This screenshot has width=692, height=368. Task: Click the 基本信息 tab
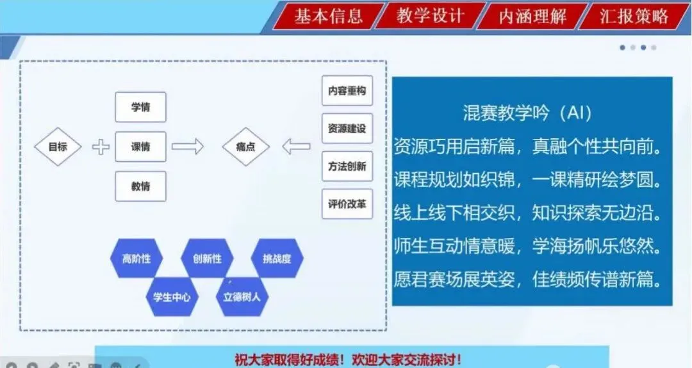click(328, 16)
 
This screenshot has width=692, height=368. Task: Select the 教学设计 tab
click(429, 16)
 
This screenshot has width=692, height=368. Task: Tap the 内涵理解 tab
click(532, 16)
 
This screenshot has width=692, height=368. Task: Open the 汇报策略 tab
click(634, 16)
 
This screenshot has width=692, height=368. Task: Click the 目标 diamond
click(58, 147)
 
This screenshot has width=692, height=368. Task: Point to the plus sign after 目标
click(101, 147)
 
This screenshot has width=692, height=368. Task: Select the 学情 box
click(140, 107)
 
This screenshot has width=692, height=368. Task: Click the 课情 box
click(140, 147)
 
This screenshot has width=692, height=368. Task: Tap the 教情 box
click(140, 186)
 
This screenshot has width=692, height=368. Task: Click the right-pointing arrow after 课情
click(188, 147)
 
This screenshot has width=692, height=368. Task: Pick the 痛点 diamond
click(245, 147)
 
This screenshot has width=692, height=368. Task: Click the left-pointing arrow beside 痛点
click(296, 147)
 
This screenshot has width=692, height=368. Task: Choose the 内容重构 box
click(347, 91)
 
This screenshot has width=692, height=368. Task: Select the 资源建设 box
click(347, 129)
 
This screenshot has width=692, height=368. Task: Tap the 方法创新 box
click(347, 166)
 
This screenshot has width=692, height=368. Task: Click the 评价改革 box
click(347, 204)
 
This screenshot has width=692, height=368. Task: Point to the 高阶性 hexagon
click(136, 259)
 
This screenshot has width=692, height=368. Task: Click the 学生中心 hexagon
click(172, 297)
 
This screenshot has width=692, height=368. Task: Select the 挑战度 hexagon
click(277, 259)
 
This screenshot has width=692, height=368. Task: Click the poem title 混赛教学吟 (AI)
click(527, 113)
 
